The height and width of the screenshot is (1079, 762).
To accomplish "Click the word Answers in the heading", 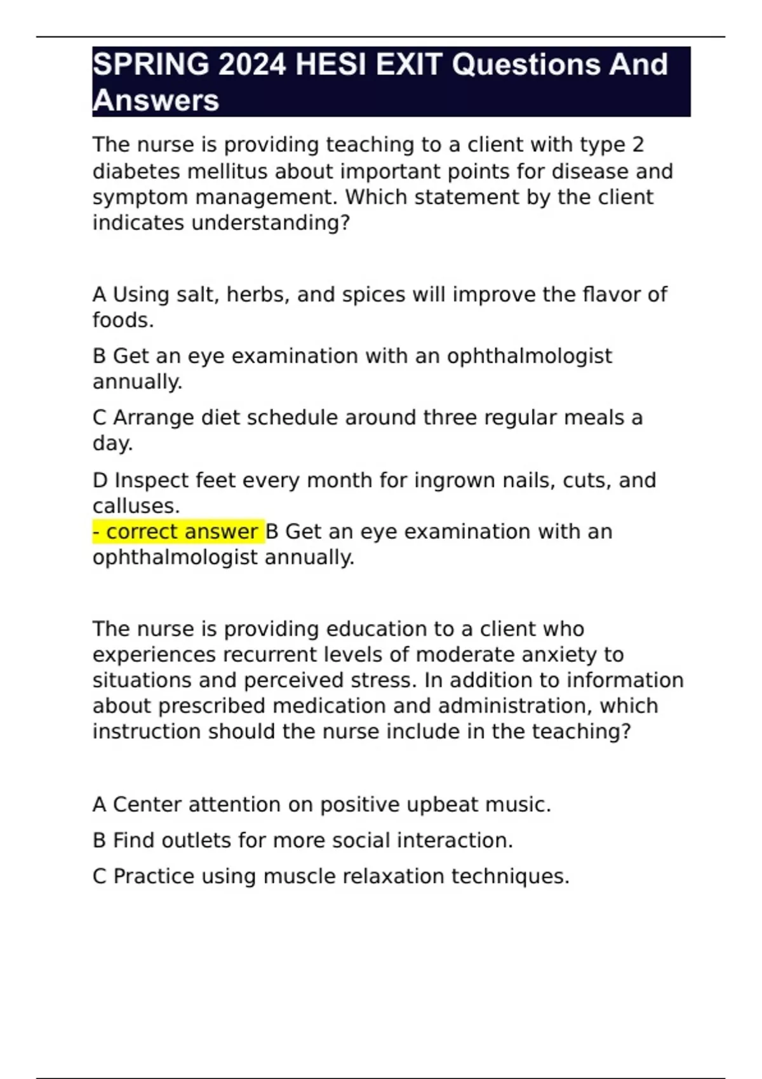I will point(156,100).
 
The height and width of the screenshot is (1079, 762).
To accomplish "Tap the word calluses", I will point(136,506).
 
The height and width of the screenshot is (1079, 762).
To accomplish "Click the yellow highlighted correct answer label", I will point(178,531).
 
